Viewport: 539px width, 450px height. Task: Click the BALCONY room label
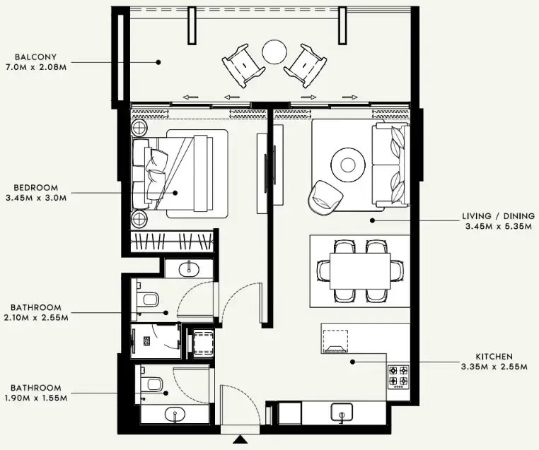pyautogui.click(x=35, y=57)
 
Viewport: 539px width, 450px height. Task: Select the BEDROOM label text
pyautogui.click(x=35, y=187)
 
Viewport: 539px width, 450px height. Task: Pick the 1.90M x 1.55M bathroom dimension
pyautogui.click(x=40, y=398)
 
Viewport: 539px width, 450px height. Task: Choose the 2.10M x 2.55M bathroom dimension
pyautogui.click(x=40, y=318)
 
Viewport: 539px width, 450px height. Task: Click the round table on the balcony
pyautogui.click(x=274, y=52)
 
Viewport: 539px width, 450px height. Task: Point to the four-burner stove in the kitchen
pyautogui.click(x=398, y=377)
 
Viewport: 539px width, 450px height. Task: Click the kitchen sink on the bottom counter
pyautogui.click(x=342, y=412)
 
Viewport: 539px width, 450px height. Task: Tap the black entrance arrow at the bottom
pyautogui.click(x=240, y=441)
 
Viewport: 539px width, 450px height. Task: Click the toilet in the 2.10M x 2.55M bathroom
pyautogui.click(x=148, y=300)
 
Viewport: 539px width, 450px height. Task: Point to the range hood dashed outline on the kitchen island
pyautogui.click(x=335, y=343)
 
